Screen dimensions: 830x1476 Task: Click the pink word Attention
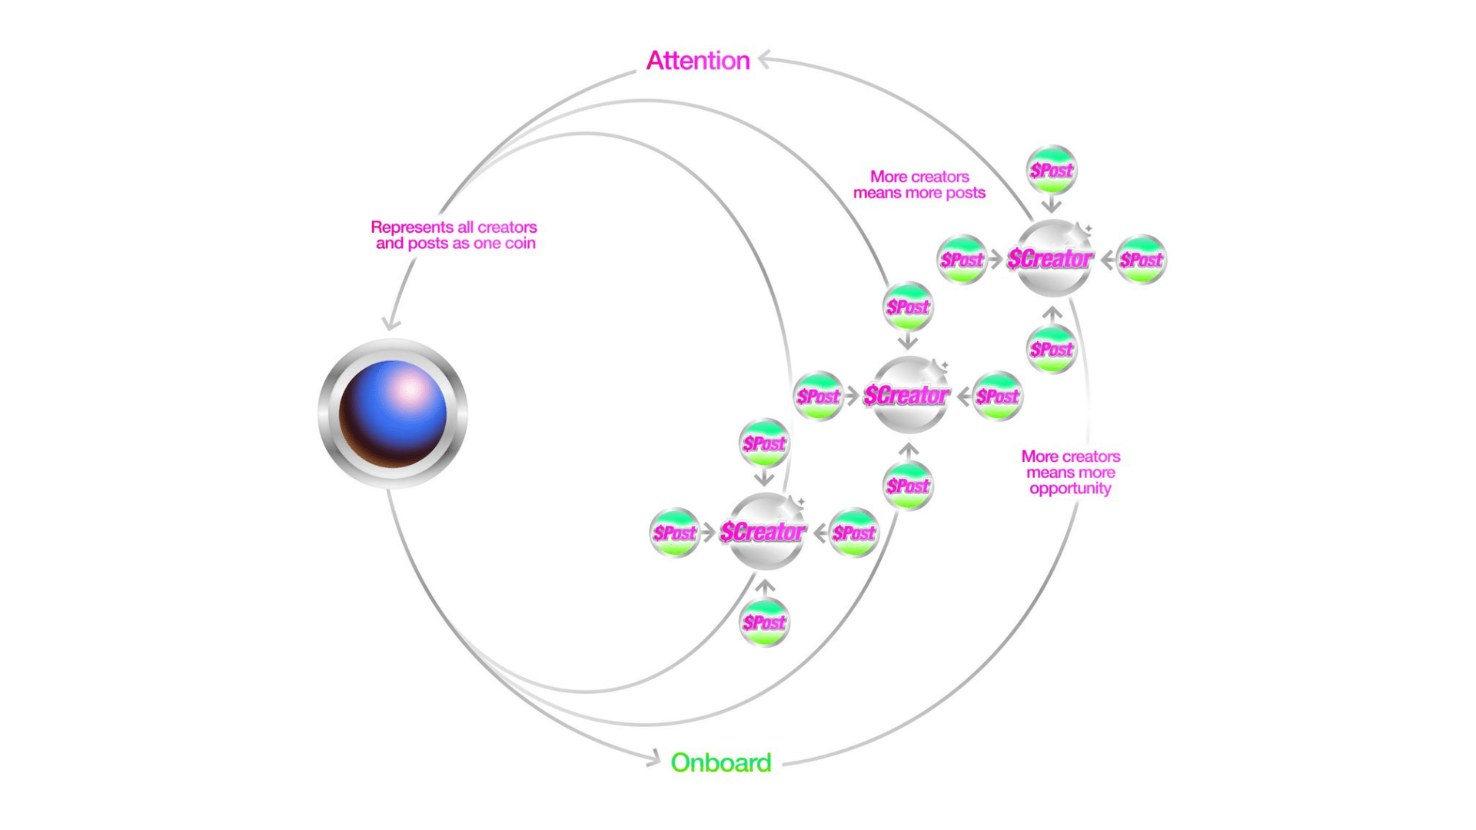click(x=697, y=61)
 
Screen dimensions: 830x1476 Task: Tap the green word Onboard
click(x=720, y=762)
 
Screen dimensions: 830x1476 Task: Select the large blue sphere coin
click(x=393, y=413)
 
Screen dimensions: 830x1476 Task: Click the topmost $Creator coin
click(x=1052, y=259)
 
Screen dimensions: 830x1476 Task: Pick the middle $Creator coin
click(x=908, y=396)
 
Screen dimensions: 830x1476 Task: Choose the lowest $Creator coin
click(x=764, y=532)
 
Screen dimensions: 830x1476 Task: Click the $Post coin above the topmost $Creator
click(x=1052, y=170)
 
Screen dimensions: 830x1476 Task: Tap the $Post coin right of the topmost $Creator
click(x=1142, y=260)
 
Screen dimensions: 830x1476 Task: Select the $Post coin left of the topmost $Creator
click(x=962, y=260)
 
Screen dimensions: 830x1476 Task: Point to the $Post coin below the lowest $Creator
click(x=764, y=622)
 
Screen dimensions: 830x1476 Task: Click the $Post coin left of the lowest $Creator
click(x=674, y=533)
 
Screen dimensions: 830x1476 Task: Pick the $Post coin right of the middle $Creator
click(x=998, y=397)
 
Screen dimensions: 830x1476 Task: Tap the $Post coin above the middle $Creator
click(x=908, y=307)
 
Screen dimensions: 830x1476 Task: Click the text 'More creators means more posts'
click(x=919, y=185)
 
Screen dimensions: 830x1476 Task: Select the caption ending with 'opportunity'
click(x=1070, y=473)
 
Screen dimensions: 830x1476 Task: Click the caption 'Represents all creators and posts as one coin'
click(x=454, y=235)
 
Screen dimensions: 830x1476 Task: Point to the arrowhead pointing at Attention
click(x=763, y=59)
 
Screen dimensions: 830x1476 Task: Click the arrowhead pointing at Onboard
click(x=654, y=759)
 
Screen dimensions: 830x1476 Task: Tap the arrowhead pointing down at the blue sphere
click(x=391, y=324)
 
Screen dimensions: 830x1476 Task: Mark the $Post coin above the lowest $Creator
click(x=764, y=443)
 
